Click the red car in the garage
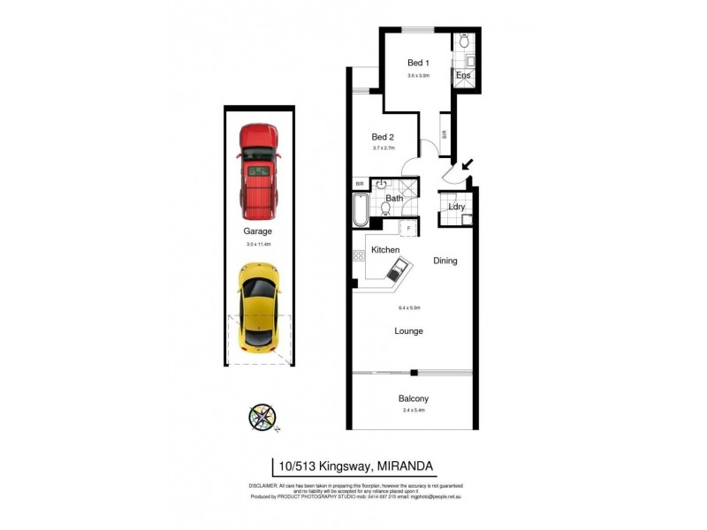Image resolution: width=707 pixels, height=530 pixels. tap(257, 172)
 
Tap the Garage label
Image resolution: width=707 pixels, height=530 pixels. tap(258, 231)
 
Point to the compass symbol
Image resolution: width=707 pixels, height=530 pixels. tap(263, 416)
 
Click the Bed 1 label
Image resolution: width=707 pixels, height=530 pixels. tap(418, 63)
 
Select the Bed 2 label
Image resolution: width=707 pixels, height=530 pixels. tap(382, 137)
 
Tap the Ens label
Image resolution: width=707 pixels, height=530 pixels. tap(463, 76)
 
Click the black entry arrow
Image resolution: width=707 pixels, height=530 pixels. tap(466, 164)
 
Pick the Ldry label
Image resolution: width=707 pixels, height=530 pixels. tap(457, 208)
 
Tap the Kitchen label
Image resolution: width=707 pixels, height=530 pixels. tap(385, 250)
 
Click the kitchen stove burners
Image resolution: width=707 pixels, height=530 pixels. tap(359, 255)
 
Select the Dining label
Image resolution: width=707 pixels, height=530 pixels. tap(445, 261)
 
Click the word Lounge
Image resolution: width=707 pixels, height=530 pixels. tap(408, 331)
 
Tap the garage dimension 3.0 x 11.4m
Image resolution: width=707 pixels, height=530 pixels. tap(258, 243)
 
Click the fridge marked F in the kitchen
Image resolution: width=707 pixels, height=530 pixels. tap(408, 228)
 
